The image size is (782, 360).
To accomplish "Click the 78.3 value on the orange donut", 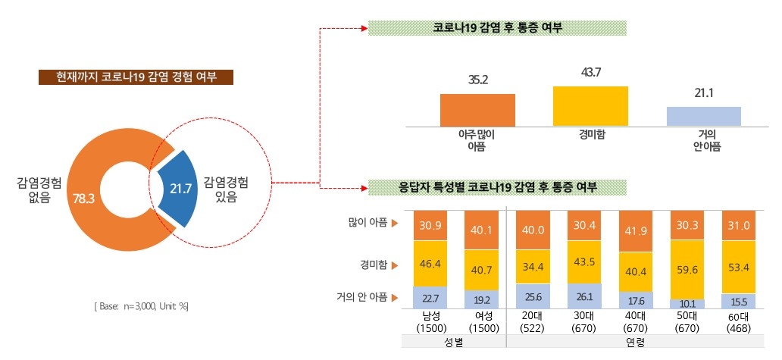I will [x=83, y=199].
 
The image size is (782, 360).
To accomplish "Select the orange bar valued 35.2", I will [x=477, y=110].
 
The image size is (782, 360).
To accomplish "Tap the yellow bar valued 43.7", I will [x=590, y=106].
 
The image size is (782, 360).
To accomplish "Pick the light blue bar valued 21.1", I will [x=703, y=116].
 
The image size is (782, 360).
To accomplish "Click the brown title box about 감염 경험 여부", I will [x=136, y=77].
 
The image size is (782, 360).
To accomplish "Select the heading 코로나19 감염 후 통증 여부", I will [x=497, y=28].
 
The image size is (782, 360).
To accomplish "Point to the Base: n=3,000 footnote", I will [x=141, y=306].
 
